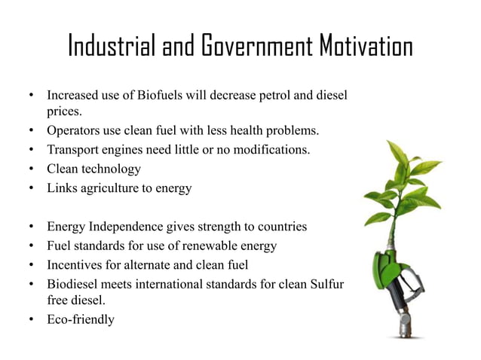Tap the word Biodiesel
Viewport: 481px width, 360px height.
click(x=74, y=284)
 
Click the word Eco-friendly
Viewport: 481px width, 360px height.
click(x=81, y=319)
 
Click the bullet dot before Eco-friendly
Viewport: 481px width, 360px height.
click(x=30, y=319)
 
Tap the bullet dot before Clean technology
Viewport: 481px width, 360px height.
click(x=30, y=169)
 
